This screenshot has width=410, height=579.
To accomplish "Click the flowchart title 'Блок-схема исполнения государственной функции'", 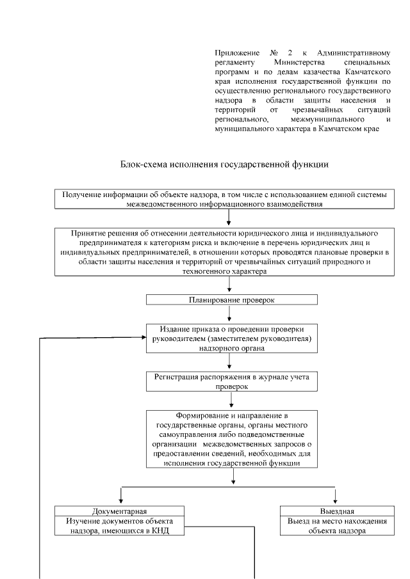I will tap(224, 164).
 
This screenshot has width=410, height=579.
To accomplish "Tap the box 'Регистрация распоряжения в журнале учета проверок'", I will tap(231, 381).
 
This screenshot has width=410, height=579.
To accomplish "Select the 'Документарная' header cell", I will tap(120, 511).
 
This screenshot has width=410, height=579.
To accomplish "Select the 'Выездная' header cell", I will tap(336, 511).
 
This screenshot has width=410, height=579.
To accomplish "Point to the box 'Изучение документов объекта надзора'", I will tap(120, 525).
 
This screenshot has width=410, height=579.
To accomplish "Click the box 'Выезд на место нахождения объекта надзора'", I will tap(336, 525).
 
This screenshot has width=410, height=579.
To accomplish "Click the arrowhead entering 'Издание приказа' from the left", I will tap(143, 338).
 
